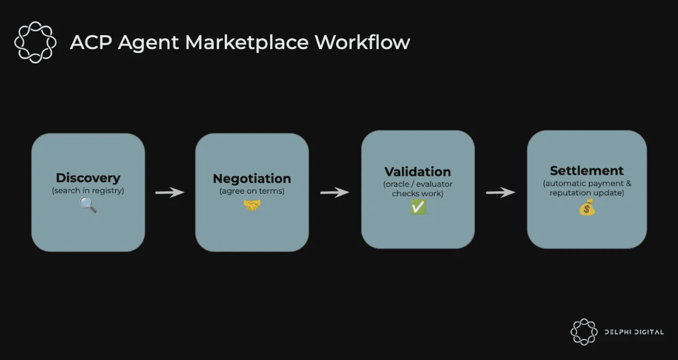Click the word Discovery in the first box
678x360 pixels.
point(88,178)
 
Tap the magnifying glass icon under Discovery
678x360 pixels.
point(88,204)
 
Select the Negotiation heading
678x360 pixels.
point(252,179)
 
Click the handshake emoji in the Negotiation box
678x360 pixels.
point(252,204)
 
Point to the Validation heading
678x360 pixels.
point(418,172)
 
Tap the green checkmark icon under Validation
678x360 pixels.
point(418,207)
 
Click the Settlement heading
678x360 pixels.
point(587,171)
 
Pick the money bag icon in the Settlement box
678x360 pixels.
point(587,207)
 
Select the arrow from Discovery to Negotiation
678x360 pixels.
point(170,192)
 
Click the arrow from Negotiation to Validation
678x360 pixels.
point(334,192)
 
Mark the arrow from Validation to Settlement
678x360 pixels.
point(500,192)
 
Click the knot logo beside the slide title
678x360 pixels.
point(35,42)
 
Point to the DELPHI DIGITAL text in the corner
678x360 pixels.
point(634,332)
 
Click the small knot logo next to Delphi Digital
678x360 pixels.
point(584,332)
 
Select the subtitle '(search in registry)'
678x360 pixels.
point(88,190)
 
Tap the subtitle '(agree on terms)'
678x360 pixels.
point(252,191)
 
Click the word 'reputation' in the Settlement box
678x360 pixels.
point(570,193)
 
